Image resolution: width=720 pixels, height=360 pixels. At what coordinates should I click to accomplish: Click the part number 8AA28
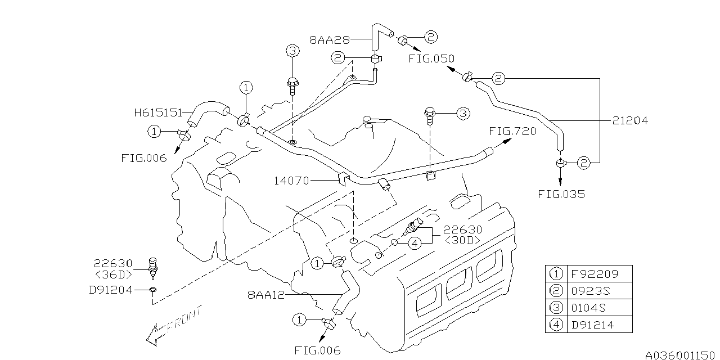tap(330, 40)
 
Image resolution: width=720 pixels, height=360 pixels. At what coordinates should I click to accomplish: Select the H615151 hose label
tap(158, 112)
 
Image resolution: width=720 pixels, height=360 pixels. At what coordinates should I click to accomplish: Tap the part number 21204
tap(630, 120)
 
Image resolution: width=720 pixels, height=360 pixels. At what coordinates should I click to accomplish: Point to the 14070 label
tap(291, 181)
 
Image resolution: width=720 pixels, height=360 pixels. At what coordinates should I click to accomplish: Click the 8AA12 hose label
tap(265, 294)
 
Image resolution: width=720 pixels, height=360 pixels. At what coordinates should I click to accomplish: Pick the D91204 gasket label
tap(110, 290)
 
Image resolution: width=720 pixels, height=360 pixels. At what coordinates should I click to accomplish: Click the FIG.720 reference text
tap(512, 131)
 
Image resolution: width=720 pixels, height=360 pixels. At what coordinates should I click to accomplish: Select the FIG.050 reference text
tap(431, 58)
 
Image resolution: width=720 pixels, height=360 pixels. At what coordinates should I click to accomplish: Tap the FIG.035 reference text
tap(561, 195)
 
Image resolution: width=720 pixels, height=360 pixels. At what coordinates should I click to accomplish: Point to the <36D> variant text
tap(113, 274)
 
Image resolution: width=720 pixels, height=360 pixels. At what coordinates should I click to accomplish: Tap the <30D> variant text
tap(462, 240)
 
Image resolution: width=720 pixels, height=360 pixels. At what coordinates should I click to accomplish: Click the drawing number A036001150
tap(681, 355)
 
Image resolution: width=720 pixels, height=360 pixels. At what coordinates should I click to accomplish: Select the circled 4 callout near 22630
tap(414, 243)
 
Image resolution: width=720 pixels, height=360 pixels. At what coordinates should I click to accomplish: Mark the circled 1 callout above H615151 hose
tap(246, 87)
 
